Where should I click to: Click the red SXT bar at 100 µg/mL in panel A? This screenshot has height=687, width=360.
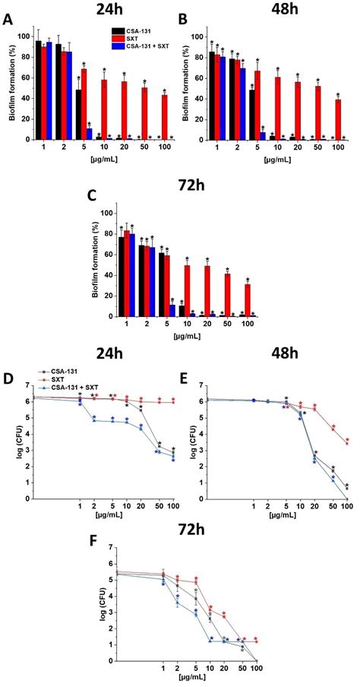pos(164,117)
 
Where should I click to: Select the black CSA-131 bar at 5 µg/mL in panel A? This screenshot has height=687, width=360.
pos(78,115)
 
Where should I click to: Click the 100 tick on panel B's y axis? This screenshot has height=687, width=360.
pos(197,36)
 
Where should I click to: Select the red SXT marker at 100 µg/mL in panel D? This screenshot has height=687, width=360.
pos(173,402)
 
